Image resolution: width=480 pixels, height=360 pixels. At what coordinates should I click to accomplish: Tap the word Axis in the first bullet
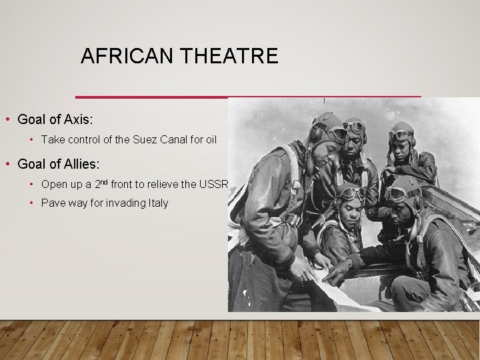[x=78, y=119]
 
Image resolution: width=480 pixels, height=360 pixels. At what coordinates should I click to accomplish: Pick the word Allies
[x=84, y=163]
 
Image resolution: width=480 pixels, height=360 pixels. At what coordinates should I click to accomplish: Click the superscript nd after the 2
[x=107, y=181]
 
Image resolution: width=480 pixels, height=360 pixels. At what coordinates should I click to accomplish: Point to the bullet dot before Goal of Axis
[x=7, y=119]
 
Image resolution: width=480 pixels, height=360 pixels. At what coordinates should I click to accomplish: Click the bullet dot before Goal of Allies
[x=7, y=163]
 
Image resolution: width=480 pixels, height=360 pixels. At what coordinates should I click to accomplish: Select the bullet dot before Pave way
[x=31, y=203]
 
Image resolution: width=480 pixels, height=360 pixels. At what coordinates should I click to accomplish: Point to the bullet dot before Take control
[x=31, y=140]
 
